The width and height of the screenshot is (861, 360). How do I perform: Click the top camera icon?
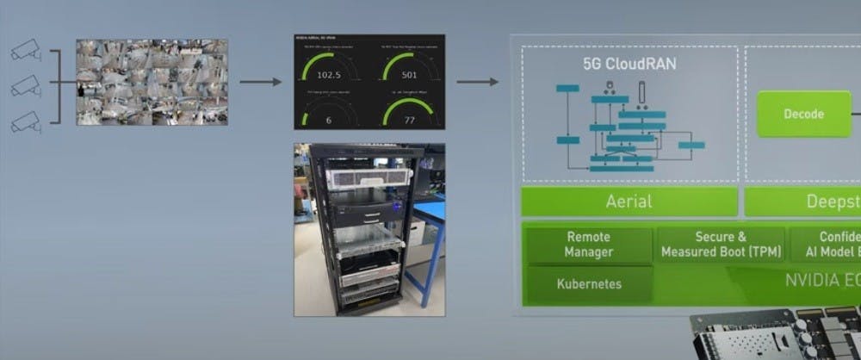point(26,53)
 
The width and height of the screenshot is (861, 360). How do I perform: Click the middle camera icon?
point(26,86)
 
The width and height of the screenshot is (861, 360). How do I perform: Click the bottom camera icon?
point(26,121)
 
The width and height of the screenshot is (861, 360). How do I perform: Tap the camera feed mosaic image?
point(152,82)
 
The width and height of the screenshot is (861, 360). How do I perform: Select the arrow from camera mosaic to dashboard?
point(260,82)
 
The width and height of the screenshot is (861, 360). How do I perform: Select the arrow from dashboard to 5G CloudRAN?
point(477,82)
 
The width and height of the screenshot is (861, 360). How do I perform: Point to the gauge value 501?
point(408,75)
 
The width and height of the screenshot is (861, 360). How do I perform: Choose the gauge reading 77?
point(408,120)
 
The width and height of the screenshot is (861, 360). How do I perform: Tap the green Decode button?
point(802,114)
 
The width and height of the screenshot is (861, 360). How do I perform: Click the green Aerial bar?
point(629,202)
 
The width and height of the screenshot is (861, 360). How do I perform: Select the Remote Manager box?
point(589,245)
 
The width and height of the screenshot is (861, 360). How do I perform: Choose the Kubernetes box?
point(589,283)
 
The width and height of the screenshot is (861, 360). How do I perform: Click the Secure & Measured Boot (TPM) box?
point(720,245)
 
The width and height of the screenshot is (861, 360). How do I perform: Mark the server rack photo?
point(369,228)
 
